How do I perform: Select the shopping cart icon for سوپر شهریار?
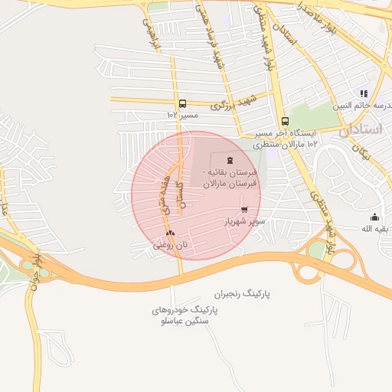[x=244, y=209]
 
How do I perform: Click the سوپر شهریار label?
[x=243, y=221]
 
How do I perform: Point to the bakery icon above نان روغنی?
[x=169, y=234]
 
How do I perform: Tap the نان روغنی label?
[x=171, y=246]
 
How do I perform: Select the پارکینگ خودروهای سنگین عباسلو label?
[x=185, y=315]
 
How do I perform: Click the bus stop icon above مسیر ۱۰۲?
[x=182, y=103]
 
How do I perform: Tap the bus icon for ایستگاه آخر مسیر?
[x=285, y=121]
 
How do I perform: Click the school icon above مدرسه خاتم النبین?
[x=364, y=93]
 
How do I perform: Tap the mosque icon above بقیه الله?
[x=374, y=217]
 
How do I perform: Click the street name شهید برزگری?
[x=232, y=102]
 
